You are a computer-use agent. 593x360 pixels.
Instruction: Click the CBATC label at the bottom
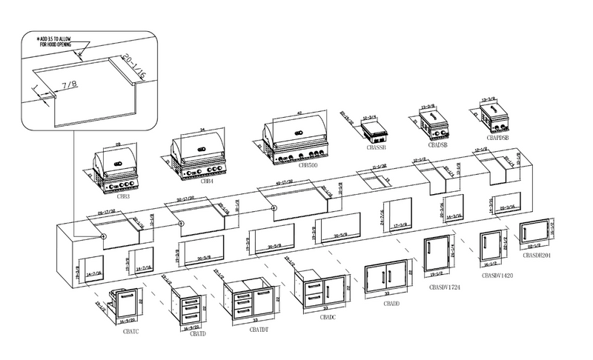click(x=131, y=332)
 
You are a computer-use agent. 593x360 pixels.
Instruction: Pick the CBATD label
click(x=198, y=335)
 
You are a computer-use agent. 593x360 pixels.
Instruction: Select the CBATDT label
click(x=260, y=329)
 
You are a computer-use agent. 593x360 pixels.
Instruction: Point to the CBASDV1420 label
click(x=497, y=275)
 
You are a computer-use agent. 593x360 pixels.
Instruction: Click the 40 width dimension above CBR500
click(x=300, y=113)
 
